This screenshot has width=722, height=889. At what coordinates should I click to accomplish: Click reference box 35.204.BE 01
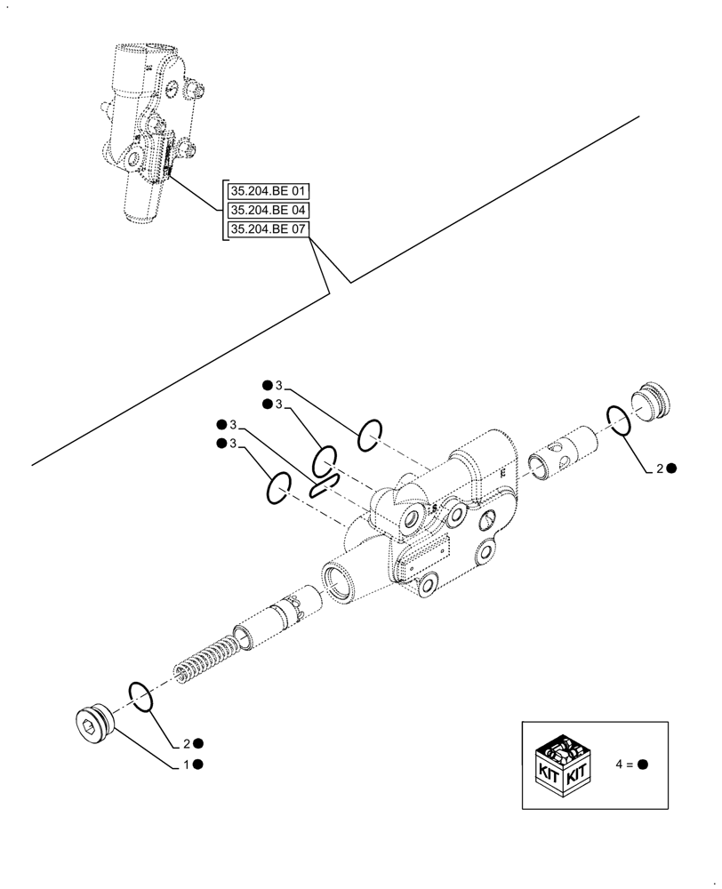pyautogui.click(x=268, y=190)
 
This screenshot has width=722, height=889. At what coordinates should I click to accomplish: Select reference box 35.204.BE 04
pyautogui.click(x=268, y=211)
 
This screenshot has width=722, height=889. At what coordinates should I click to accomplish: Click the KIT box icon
pyautogui.click(x=564, y=764)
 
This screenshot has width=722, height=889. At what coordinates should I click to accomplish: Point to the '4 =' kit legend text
pyautogui.click(x=625, y=765)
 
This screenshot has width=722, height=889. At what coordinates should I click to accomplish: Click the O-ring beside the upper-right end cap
pyautogui.click(x=620, y=420)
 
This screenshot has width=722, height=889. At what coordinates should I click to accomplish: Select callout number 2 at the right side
pyautogui.click(x=659, y=469)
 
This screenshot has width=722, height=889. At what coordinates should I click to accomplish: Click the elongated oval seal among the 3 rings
pyautogui.click(x=323, y=483)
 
